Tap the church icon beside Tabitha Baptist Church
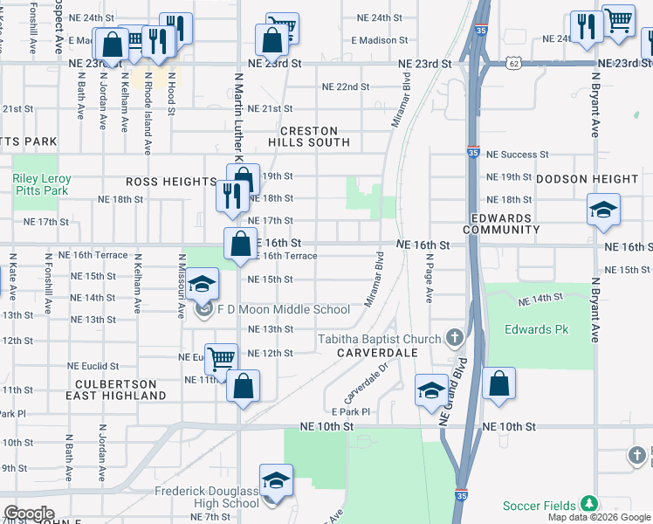(x=454, y=338)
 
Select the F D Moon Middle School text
(x=284, y=309)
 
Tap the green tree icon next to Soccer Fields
(x=589, y=505)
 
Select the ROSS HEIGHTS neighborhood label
(x=170, y=182)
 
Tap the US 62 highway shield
(x=515, y=64)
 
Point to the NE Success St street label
(x=517, y=155)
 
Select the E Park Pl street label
(x=351, y=411)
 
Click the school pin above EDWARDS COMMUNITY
(x=603, y=210)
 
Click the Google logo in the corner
(x=29, y=514)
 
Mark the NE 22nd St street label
(x=346, y=87)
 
